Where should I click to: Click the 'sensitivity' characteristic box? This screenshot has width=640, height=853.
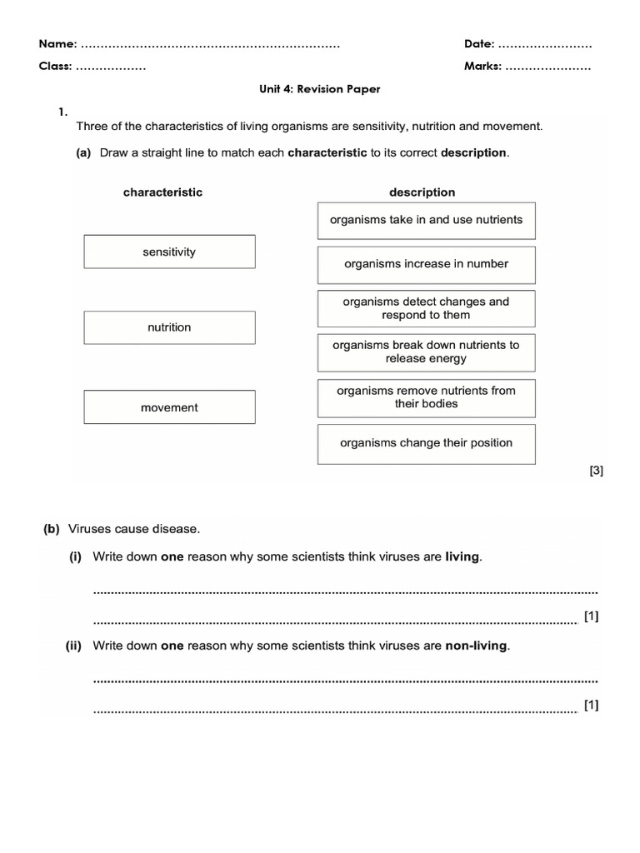tap(169, 252)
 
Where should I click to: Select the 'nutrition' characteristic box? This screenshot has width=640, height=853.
tap(169, 327)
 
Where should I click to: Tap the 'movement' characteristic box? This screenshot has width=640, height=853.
tap(169, 407)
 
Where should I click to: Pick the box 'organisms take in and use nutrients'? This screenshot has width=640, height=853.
tap(426, 220)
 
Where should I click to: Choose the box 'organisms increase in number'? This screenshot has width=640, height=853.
tap(426, 264)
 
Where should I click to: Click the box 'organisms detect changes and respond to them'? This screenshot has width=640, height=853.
tap(426, 308)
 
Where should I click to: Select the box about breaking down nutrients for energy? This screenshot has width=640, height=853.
tap(426, 352)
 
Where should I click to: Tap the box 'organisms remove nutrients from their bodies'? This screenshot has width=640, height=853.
tap(426, 397)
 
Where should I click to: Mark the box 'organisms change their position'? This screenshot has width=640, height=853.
tap(426, 443)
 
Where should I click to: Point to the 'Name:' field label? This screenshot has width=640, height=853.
tap(58, 43)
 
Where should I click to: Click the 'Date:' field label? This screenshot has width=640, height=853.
tap(479, 43)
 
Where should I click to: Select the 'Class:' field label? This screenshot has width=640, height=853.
tap(56, 67)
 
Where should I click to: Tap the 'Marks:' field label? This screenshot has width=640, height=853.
tap(482, 67)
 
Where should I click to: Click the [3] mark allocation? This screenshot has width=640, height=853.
tap(596, 471)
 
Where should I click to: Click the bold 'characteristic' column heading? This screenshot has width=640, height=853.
tap(162, 192)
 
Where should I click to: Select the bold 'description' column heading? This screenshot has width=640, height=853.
tap(422, 192)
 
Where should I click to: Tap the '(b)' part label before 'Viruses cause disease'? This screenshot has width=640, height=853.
tap(52, 529)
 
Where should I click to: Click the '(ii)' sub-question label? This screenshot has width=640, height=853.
tap(73, 646)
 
